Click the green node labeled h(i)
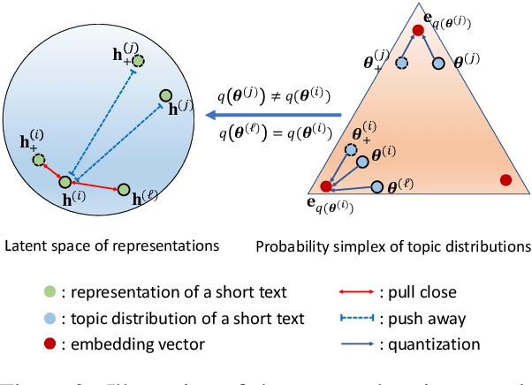point(65,181)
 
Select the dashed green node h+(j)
point(139,60)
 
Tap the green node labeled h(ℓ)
point(124,190)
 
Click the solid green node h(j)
point(165,95)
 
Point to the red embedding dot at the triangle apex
point(417,29)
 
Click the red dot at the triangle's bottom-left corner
point(326,186)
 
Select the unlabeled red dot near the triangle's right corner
point(505,179)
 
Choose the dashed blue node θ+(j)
point(401,64)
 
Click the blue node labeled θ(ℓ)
point(379,187)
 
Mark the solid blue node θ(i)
point(362,162)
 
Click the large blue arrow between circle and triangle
point(300,116)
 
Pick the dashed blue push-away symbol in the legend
point(355,318)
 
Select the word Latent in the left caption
point(24,243)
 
